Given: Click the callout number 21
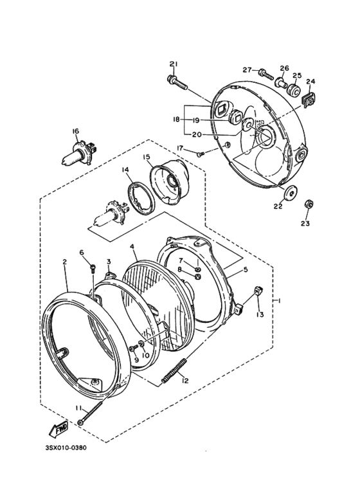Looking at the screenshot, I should pos(173,63).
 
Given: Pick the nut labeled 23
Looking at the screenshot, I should pos(309,204).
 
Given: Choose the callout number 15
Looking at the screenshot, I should pos(147,157).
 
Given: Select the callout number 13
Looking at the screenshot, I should pos(260,314).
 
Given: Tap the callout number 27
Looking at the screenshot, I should pos(247,69).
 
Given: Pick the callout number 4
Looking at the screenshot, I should pos(131,246).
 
